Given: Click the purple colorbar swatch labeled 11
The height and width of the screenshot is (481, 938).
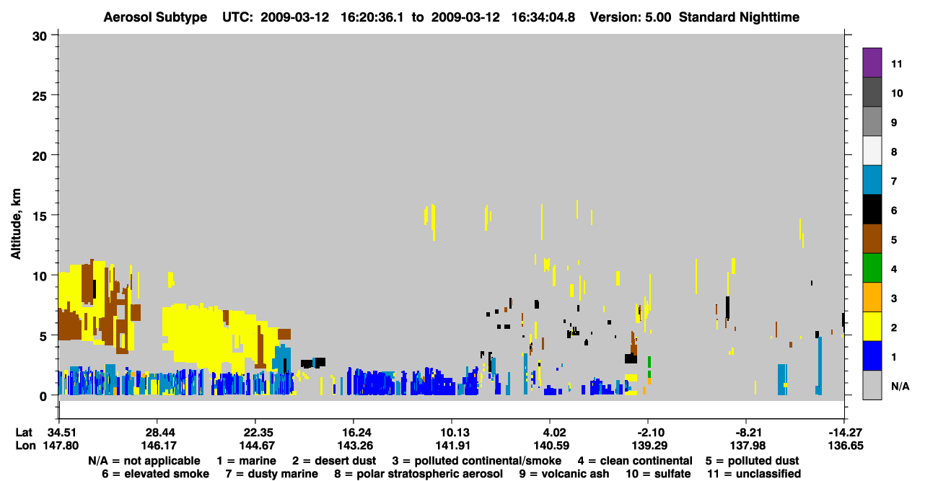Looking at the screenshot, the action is pos(872,62).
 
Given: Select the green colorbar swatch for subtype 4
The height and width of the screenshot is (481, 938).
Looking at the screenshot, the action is pos(872,268).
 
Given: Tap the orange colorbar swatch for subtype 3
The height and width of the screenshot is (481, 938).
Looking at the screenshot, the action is pos(872,297).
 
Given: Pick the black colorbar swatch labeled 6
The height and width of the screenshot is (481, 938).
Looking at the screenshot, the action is pos(872,209).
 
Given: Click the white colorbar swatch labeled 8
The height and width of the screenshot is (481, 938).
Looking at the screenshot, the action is pos(872,151).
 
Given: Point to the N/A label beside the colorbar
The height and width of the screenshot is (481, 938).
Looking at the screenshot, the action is pos(900,386).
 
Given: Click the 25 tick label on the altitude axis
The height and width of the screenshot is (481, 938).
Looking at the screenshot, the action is pos(40,97).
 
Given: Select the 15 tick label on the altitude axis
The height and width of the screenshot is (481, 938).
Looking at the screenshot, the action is pos(40,216).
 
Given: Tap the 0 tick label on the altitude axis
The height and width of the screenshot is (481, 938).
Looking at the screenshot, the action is pos(43,396).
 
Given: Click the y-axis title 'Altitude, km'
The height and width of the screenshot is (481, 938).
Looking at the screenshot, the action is pos(16,224).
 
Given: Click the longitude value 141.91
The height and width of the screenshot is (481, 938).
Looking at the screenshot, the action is pos(452,446).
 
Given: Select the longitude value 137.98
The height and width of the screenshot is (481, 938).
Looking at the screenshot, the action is pos(747,446).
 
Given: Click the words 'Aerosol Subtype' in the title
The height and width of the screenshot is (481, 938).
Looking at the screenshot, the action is pos(155,17).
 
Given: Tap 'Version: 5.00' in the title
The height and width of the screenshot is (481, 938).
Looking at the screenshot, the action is pos(631,17).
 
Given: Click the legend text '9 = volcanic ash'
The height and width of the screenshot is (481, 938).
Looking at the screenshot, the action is pos(564,474).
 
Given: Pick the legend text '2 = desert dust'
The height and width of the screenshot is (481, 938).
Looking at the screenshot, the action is pos(334,461).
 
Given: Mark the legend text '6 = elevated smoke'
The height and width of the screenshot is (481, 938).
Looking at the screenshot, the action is pos(155,474).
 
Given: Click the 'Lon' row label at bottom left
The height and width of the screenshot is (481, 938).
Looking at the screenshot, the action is pos(25,446).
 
